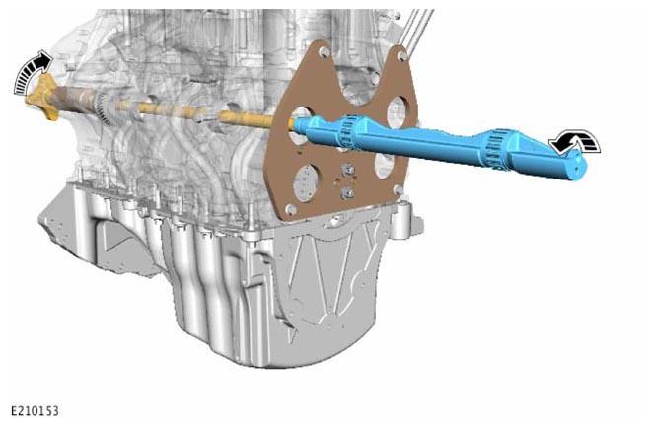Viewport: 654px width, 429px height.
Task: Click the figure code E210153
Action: click(35, 411)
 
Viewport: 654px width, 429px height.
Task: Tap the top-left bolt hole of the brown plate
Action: click(325, 52)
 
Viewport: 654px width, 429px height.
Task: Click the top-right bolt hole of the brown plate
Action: click(401, 54)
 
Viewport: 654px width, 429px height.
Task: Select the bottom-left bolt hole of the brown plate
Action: click(292, 209)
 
